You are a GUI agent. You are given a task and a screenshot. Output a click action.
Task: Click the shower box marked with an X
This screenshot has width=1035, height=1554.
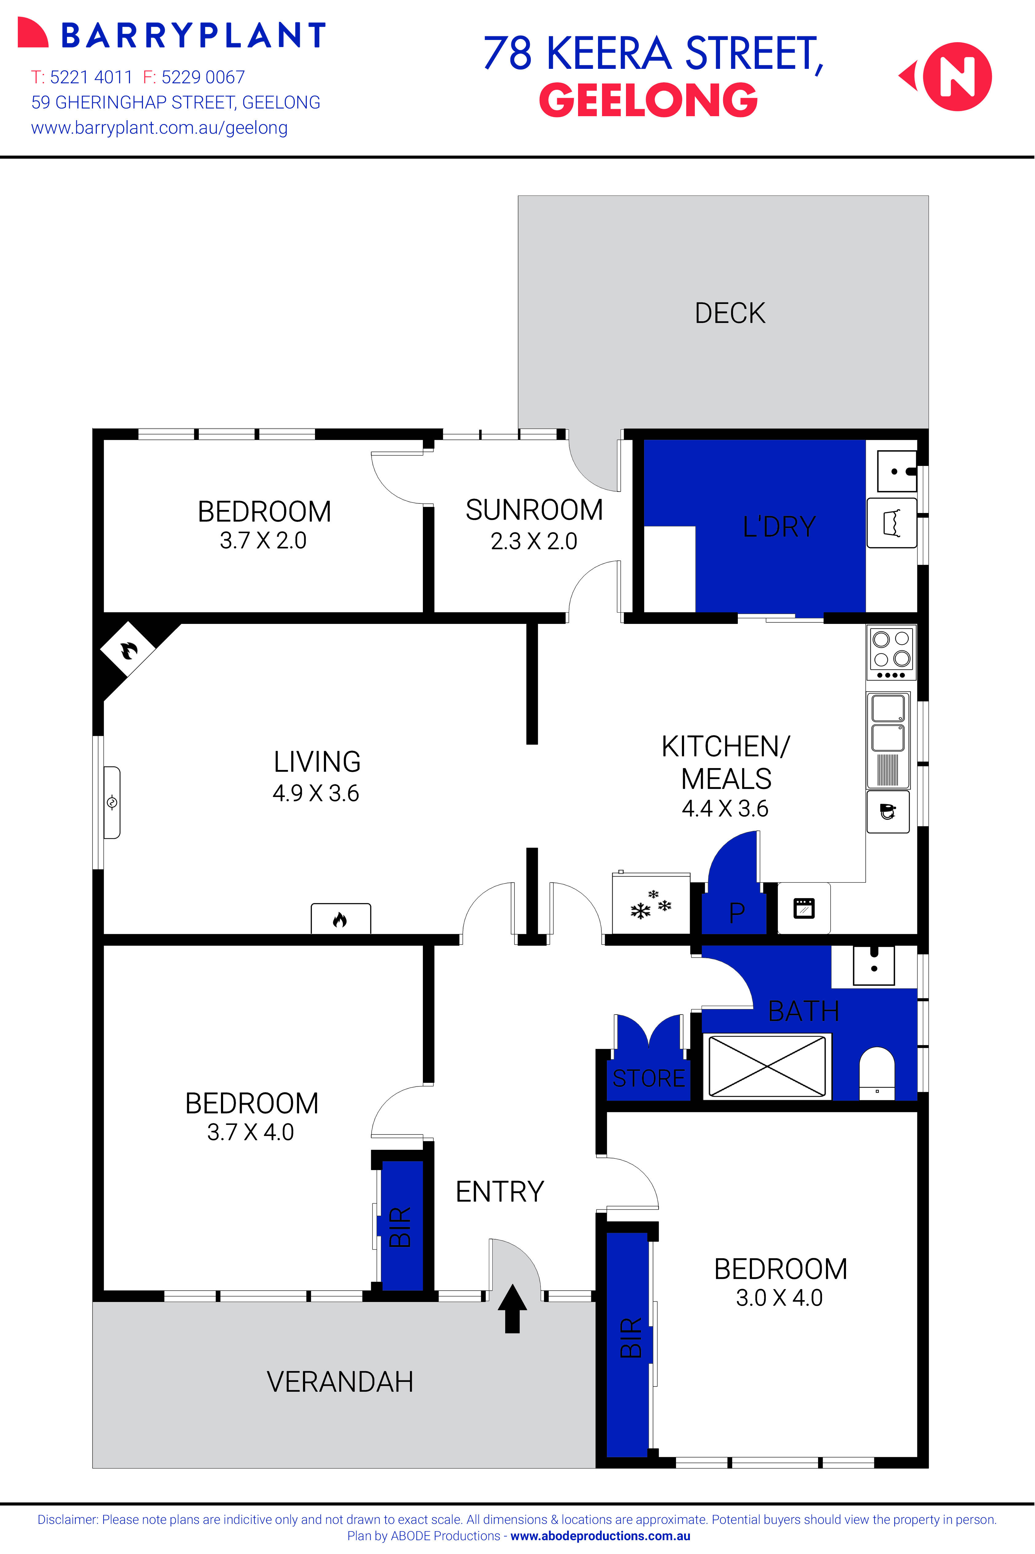click(x=766, y=1066)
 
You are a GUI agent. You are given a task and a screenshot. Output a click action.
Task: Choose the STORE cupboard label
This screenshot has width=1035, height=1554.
click(x=649, y=1078)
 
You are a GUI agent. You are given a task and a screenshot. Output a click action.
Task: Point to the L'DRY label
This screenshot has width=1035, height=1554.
click(x=779, y=527)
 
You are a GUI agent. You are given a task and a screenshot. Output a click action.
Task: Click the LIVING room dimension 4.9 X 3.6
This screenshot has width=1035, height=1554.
click(x=316, y=793)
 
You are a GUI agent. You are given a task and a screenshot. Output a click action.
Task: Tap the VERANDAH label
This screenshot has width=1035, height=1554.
click(x=340, y=1382)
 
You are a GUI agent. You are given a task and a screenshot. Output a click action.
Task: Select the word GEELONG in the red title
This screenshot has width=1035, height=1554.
click(x=648, y=100)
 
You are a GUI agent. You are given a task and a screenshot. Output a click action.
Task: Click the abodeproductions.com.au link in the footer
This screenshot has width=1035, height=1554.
click(x=600, y=1536)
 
